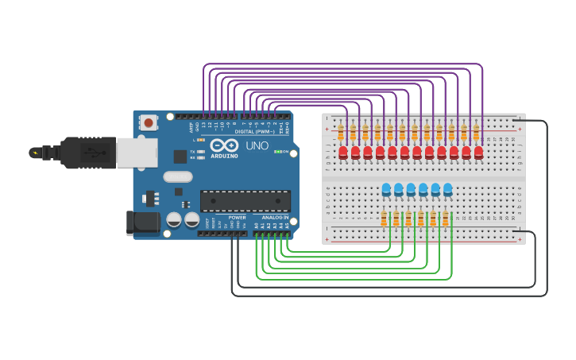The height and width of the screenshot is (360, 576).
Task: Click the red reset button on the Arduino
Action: click(x=148, y=122)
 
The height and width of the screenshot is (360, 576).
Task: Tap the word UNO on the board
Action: click(x=257, y=145)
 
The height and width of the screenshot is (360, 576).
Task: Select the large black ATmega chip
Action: click(x=245, y=201)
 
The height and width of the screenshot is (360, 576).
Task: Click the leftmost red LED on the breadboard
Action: click(x=343, y=152)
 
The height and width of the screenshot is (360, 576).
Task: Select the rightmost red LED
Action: click(x=478, y=152)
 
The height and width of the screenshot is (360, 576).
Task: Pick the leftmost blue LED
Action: click(x=386, y=189)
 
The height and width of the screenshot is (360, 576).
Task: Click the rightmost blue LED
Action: click(x=448, y=189)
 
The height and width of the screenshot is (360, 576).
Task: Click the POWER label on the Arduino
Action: click(x=237, y=217)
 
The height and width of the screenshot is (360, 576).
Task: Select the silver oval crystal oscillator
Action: click(x=178, y=176)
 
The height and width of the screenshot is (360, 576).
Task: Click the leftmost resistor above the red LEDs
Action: click(x=341, y=131)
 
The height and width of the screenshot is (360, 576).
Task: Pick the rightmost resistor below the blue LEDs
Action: click(x=445, y=219)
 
